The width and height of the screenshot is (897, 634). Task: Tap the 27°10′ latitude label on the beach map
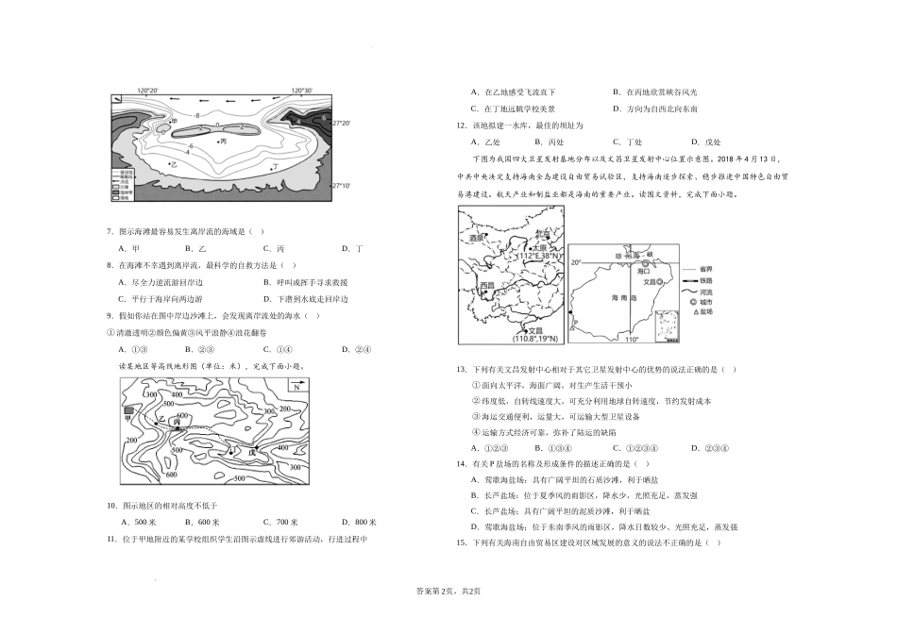(x=342, y=186)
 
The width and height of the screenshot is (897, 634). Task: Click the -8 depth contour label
(x=197, y=114)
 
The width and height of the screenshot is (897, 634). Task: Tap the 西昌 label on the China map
(x=487, y=284)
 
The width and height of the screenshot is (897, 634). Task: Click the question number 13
(x=462, y=369)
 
